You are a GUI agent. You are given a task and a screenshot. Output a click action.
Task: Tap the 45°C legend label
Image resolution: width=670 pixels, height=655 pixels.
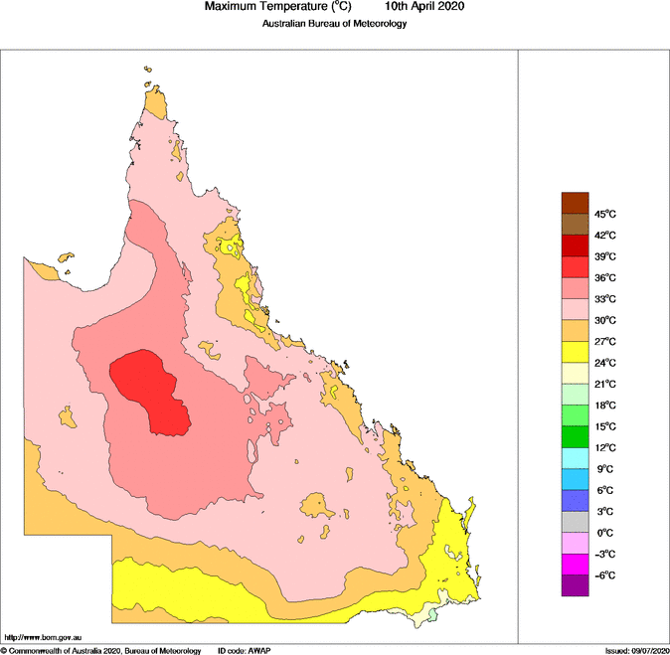pos(605,215)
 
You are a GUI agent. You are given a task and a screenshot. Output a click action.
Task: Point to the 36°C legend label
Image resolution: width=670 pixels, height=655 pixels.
pos(605,278)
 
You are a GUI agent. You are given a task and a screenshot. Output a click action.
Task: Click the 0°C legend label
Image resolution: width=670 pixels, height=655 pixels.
pos(605,533)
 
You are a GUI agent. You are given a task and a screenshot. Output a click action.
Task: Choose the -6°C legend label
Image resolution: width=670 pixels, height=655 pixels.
pos(605,575)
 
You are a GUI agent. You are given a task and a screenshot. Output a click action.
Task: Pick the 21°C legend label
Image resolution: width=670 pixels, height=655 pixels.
pos(605,385)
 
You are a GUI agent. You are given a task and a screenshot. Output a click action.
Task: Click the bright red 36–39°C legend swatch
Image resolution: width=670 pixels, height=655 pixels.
pos(576,267)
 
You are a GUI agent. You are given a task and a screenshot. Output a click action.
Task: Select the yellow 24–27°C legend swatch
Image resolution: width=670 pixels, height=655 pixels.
pos(576,352)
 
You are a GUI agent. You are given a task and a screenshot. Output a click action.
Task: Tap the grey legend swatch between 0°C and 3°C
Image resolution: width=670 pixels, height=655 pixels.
pos(576,522)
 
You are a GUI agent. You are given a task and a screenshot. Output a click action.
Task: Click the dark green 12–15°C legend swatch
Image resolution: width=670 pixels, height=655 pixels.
pos(576,436)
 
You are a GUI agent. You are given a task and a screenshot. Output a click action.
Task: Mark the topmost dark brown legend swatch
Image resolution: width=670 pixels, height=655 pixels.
pos(576,204)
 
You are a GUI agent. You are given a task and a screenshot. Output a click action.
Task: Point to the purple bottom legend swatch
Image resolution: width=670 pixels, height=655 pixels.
pos(576,585)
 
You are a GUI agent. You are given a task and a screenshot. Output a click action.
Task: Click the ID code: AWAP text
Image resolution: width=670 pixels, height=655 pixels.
pos(244,650)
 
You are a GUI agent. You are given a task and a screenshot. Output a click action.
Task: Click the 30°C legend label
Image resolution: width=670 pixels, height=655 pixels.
pos(605,321)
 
